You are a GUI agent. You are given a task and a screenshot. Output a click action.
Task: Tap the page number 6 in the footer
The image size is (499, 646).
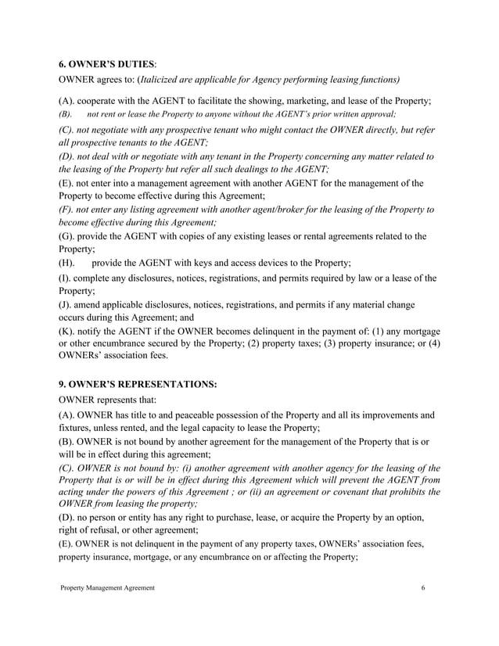(x=423, y=587)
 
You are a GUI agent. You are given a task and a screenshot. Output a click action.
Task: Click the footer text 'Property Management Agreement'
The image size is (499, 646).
(x=108, y=587)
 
